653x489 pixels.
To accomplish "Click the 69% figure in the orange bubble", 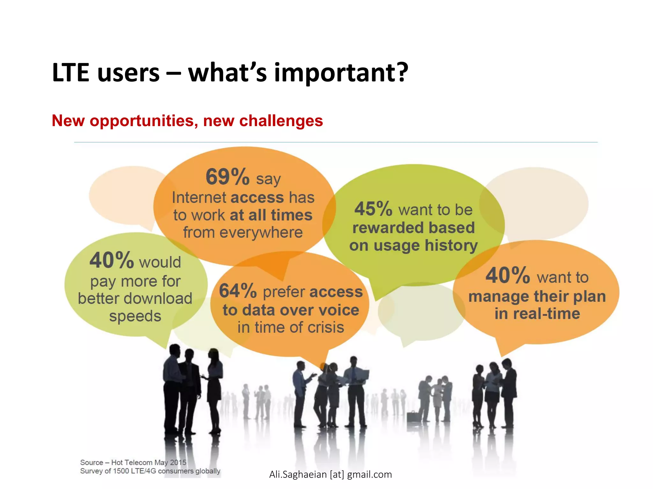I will (x=227, y=177).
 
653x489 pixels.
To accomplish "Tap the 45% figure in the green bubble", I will (x=373, y=209).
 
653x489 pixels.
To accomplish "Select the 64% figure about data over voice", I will (x=238, y=291).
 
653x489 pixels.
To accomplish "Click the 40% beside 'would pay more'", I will (x=111, y=260).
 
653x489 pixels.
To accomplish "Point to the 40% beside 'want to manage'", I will (x=507, y=275).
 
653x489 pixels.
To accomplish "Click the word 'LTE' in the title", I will (x=70, y=73).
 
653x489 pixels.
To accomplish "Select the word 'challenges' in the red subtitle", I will (x=281, y=121).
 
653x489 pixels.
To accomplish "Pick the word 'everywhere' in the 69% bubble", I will (x=261, y=232).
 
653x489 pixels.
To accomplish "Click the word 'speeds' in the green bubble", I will (x=135, y=316).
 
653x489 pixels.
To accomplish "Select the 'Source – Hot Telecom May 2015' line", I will (x=133, y=462).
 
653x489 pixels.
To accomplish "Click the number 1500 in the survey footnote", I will (x=121, y=471).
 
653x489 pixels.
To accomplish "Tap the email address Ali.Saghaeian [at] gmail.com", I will (x=330, y=474).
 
